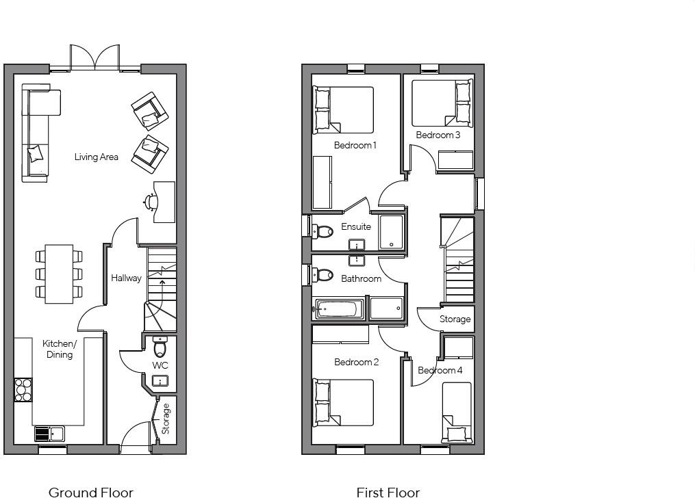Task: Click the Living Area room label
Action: pos(96,157)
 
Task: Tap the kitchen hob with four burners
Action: pos(23,389)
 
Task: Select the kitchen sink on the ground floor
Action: pos(49,434)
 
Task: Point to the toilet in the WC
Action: pos(160,348)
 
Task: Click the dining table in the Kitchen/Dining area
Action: pos(59,274)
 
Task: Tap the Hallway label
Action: pos(126,278)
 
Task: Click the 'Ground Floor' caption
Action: pos(91,491)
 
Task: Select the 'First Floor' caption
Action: pos(388,491)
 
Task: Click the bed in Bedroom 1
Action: pos(344,109)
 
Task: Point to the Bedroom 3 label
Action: pos(438,135)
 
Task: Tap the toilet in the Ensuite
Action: pos(322,231)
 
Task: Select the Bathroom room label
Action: pos(361,278)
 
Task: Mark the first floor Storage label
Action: pos(455,319)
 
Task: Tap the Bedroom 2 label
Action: pos(356,362)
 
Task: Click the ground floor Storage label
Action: pos(166,419)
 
